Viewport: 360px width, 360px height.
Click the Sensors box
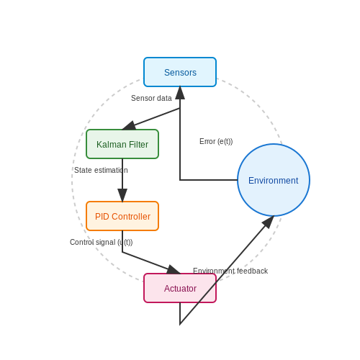(180, 72)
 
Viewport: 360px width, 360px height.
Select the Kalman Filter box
(122, 144)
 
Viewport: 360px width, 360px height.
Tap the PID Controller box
(122, 216)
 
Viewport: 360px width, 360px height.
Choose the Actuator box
(180, 288)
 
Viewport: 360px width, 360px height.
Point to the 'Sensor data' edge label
(151, 98)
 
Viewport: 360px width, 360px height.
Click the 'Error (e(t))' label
(216, 141)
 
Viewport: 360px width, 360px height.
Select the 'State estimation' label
(101, 170)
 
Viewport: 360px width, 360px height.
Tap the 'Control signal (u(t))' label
(101, 242)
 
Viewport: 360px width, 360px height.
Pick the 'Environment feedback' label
(230, 271)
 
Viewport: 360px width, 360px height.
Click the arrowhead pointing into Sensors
(180, 93)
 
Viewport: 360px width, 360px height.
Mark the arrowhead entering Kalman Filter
(129, 125)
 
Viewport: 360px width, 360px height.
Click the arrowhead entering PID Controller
(122, 195)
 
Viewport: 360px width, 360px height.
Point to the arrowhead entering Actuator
(174, 269)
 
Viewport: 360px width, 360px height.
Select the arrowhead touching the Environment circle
(268, 222)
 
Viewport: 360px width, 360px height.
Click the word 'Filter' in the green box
(138, 145)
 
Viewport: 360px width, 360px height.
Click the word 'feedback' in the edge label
(252, 271)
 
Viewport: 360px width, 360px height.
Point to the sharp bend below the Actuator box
(180, 324)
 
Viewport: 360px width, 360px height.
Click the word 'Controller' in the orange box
(131, 217)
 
